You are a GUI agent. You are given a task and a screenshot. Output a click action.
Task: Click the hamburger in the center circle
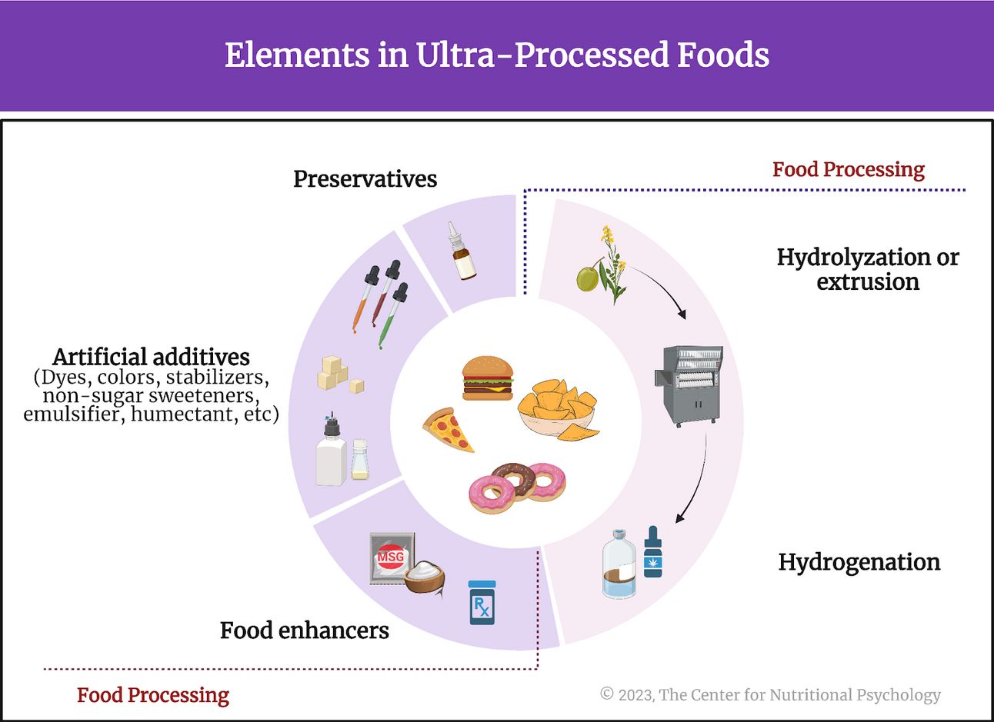click(x=487, y=378)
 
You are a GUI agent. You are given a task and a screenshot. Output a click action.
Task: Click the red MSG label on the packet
click(x=391, y=556)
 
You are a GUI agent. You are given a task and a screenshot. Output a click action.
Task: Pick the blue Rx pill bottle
click(x=482, y=603)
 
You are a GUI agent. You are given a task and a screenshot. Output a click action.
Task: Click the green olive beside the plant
click(x=588, y=278)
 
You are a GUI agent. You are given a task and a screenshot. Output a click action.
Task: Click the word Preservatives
click(x=365, y=179)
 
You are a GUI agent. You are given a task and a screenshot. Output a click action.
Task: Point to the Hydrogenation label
click(x=859, y=562)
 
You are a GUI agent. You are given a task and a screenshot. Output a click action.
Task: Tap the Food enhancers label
click(x=304, y=631)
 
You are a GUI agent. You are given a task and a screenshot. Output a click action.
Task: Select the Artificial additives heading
click(x=151, y=357)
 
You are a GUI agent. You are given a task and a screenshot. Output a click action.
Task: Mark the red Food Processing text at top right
click(x=848, y=169)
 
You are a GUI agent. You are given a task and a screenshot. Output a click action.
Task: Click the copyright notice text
click(x=770, y=695)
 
